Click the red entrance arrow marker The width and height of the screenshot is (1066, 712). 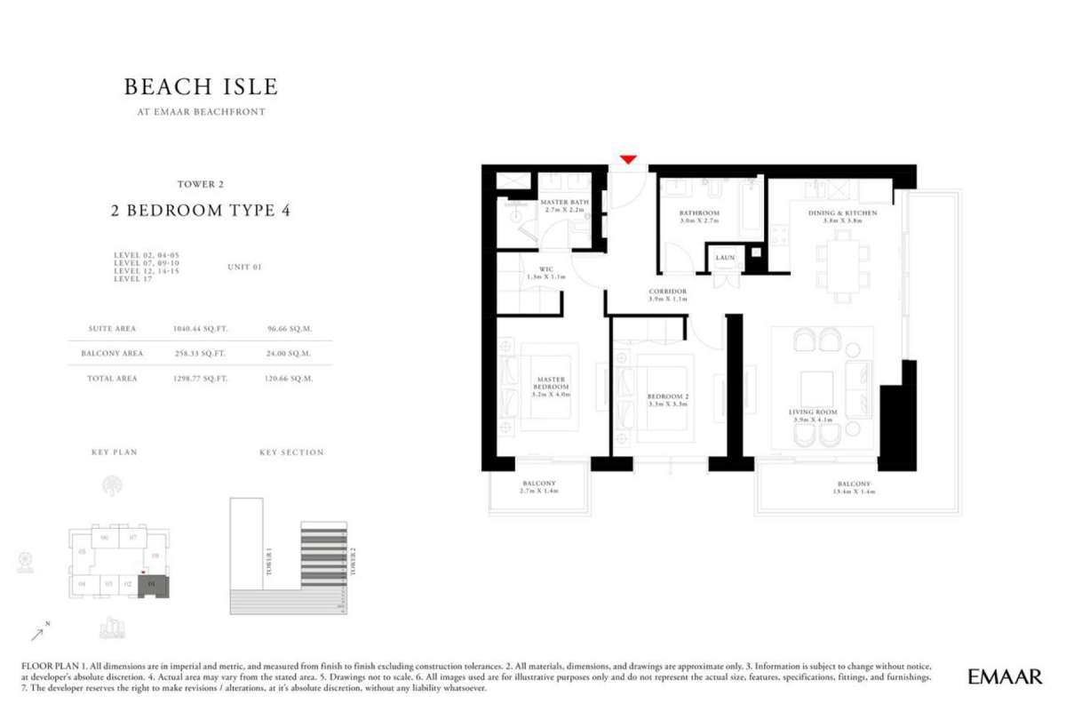pos(628,160)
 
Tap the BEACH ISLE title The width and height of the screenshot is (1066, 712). pos(201,87)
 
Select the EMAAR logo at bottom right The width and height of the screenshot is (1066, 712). pos(1005,676)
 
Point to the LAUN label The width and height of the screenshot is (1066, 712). pos(724,258)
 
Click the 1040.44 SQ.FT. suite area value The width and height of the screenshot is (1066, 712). pos(200,328)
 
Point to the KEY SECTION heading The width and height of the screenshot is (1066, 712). pos(291,452)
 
